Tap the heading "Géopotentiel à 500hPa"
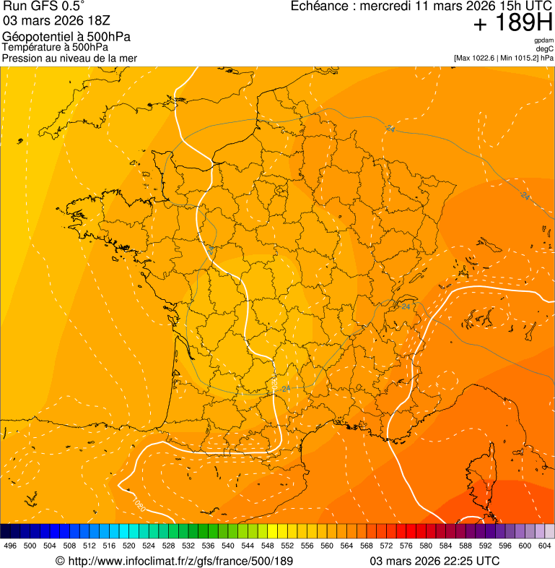pyautogui.click(x=66, y=37)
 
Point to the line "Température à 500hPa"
pyautogui.click(x=55, y=47)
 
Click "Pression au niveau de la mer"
pyautogui.click(x=69, y=58)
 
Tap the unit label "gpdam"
pyautogui.click(x=543, y=40)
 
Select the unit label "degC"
pyautogui.click(x=545, y=49)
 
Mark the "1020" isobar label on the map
pyautogui.click(x=138, y=504)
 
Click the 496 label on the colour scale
pyautogui.click(x=10, y=546)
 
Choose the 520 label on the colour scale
pyautogui.click(x=129, y=546)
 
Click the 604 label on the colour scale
pyautogui.click(x=545, y=546)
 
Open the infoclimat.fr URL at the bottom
pyautogui.click(x=174, y=561)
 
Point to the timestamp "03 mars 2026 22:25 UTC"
pyautogui.click(x=434, y=561)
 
